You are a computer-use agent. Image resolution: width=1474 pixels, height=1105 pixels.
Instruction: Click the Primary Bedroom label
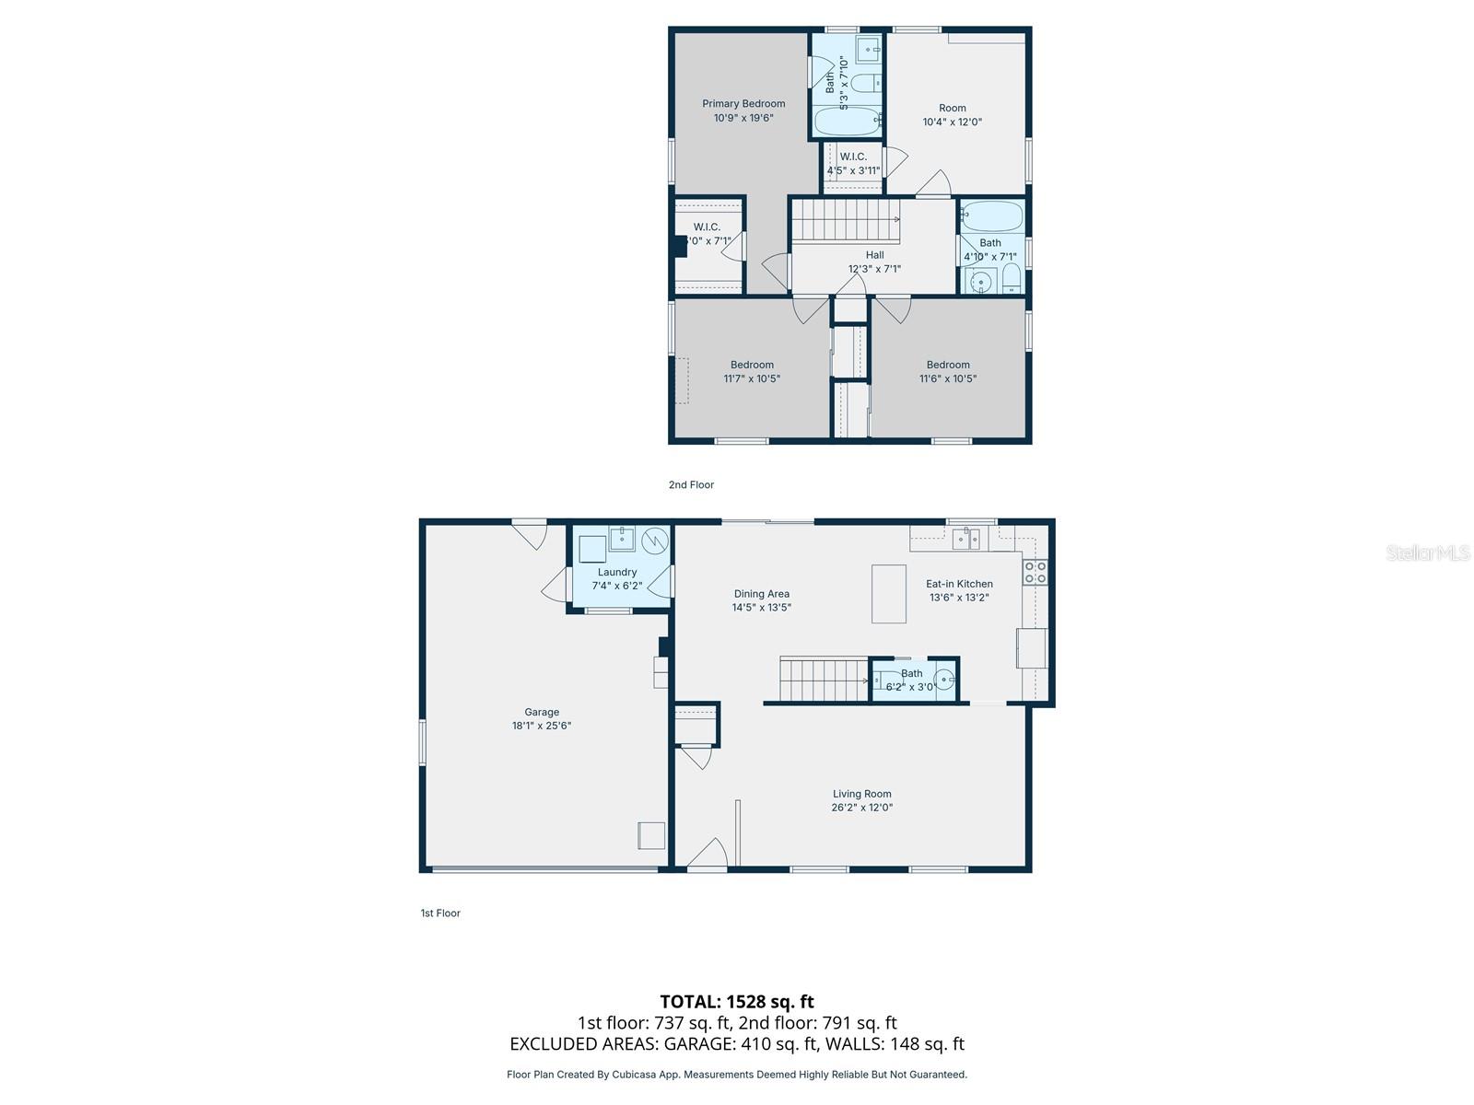click(x=743, y=104)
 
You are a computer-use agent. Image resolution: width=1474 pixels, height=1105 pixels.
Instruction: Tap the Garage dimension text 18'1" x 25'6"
click(x=542, y=726)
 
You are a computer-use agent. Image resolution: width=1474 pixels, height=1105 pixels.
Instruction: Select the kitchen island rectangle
click(x=888, y=594)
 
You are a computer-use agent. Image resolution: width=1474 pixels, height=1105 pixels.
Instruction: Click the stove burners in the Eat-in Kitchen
click(x=1034, y=572)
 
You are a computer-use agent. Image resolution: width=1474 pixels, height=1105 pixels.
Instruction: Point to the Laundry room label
click(x=616, y=572)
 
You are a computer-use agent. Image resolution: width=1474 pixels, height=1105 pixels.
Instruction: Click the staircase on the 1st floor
click(x=824, y=680)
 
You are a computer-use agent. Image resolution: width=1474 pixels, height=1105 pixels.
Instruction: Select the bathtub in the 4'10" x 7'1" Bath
click(x=991, y=217)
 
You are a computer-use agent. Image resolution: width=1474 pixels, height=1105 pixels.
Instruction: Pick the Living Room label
click(x=861, y=794)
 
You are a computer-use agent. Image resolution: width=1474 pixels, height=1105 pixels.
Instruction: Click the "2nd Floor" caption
click(x=691, y=484)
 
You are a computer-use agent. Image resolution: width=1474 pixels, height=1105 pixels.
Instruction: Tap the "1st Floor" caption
click(x=440, y=913)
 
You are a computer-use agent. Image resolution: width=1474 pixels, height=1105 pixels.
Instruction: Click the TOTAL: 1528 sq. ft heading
click(x=736, y=1001)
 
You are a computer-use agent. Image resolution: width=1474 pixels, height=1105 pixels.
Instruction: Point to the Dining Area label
click(x=761, y=594)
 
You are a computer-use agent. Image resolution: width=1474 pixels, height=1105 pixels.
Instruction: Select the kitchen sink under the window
click(x=966, y=538)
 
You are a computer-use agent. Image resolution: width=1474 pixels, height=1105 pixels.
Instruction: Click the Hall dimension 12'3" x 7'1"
click(x=874, y=269)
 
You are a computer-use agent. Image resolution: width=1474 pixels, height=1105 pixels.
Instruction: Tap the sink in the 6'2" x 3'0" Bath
click(x=942, y=681)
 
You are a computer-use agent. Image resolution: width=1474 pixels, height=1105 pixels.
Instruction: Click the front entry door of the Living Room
click(x=708, y=854)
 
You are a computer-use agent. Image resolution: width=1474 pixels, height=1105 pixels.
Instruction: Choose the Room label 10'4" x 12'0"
click(x=953, y=108)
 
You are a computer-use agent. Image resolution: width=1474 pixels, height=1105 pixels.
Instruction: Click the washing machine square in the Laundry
click(x=592, y=549)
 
